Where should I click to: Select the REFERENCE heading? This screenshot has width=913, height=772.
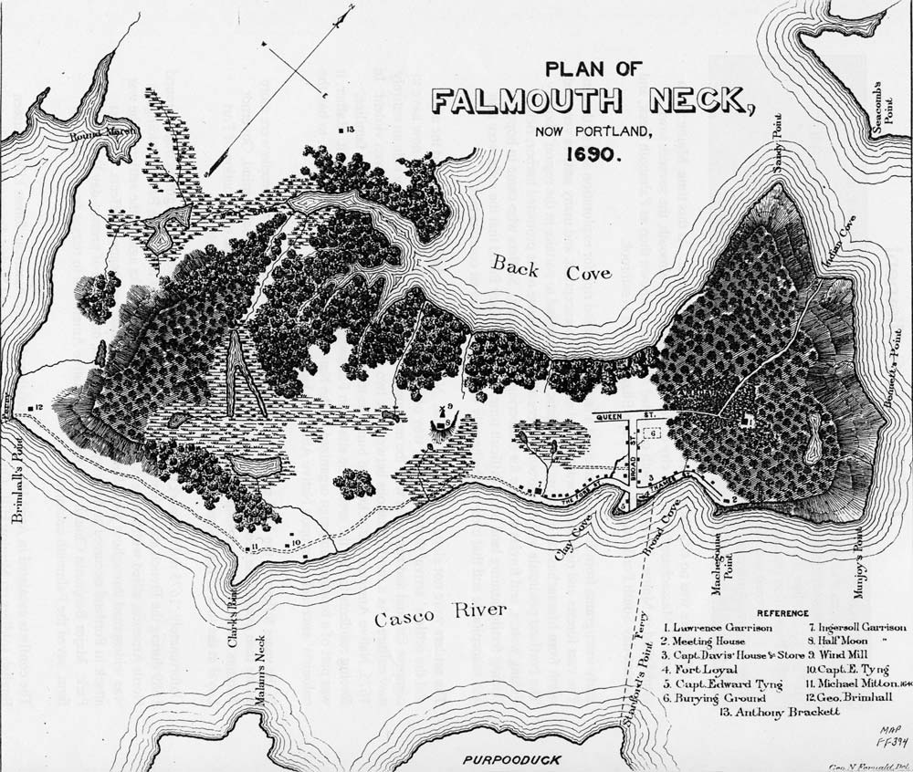(x=781, y=613)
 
